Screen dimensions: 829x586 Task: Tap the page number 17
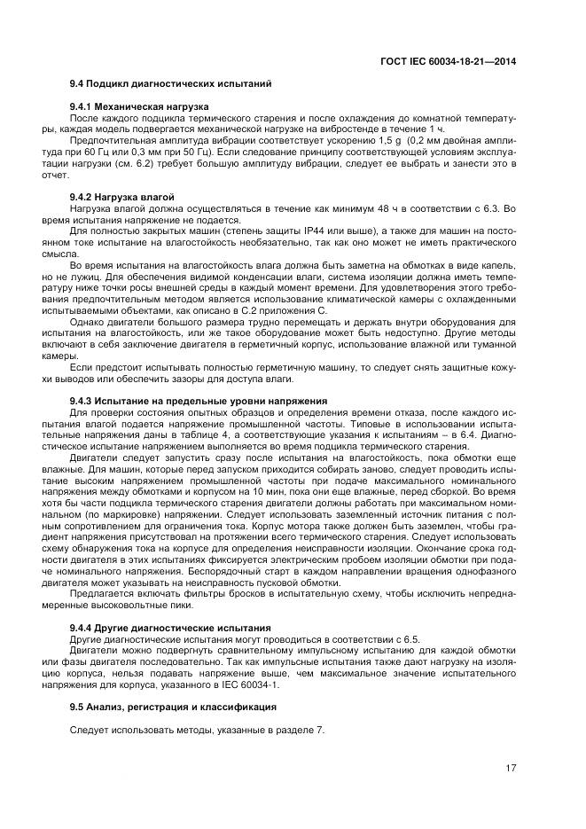tap(511, 768)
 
